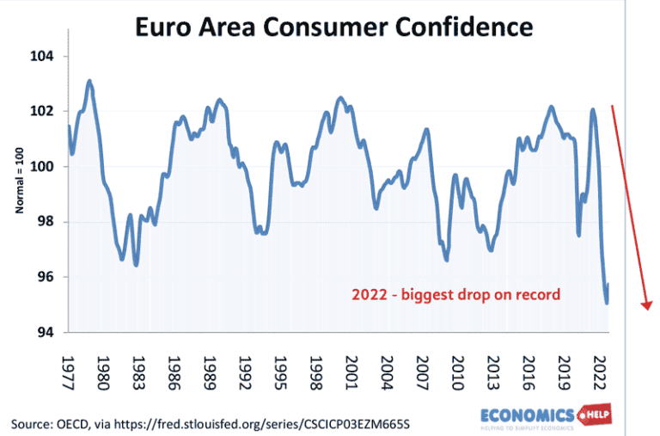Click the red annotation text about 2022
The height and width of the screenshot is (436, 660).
click(x=455, y=295)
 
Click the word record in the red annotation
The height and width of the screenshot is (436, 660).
click(x=538, y=295)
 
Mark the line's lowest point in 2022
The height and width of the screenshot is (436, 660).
click(x=607, y=303)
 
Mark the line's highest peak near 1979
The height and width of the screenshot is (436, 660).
click(x=89, y=82)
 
